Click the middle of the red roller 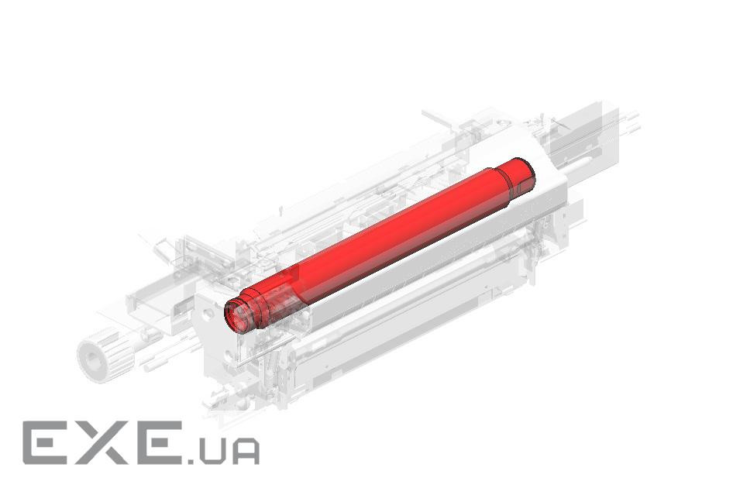[377, 246]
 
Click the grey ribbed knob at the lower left [104, 355]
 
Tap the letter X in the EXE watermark [103, 443]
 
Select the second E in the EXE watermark [159, 443]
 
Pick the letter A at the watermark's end [246, 452]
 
